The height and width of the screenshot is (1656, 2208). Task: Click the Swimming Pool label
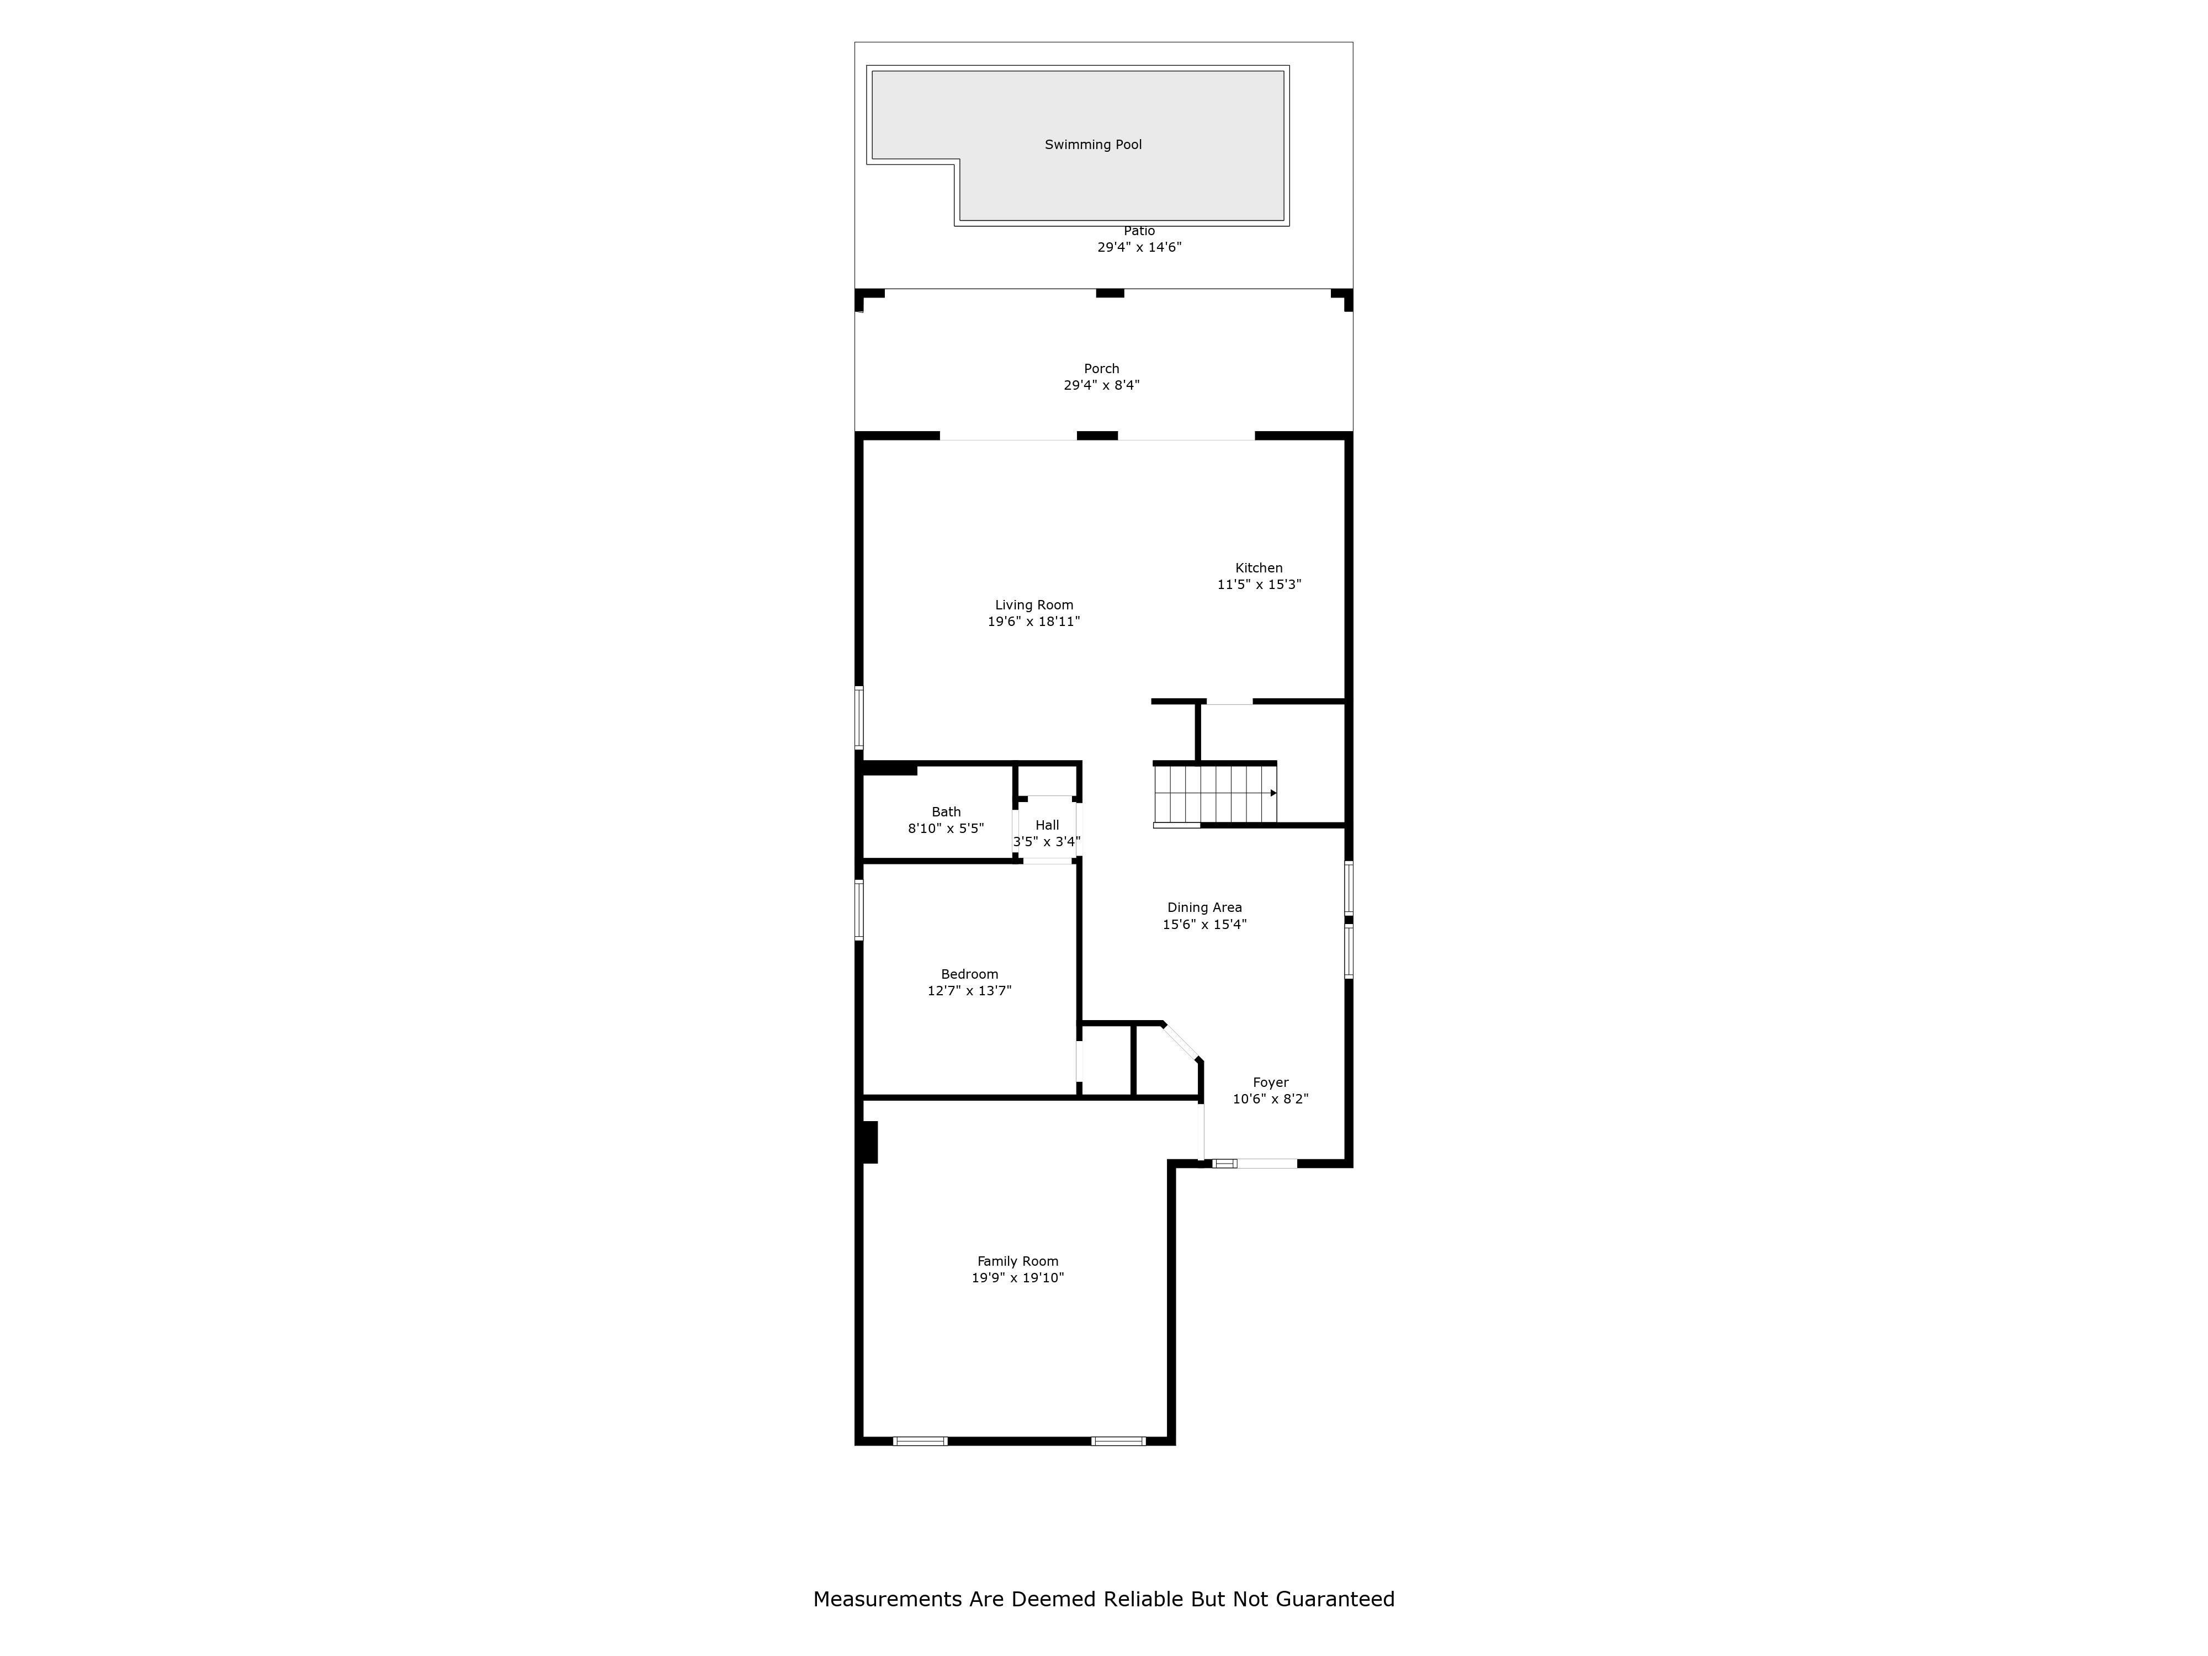1093,145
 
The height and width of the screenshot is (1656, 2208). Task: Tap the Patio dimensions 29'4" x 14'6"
1139,247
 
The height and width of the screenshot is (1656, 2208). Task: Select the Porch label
1101,368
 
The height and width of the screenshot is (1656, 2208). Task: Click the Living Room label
1034,605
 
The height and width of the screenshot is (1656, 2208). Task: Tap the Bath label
946,811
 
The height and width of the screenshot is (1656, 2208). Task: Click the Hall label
1047,825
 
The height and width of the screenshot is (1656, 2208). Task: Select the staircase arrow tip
1273,793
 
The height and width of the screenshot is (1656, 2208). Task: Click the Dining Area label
1205,907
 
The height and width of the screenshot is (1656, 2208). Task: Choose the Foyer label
1271,1082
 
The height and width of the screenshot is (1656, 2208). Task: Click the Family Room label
1017,1261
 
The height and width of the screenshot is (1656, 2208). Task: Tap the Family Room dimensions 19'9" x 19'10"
1017,1278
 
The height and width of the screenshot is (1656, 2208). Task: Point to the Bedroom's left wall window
858,909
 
